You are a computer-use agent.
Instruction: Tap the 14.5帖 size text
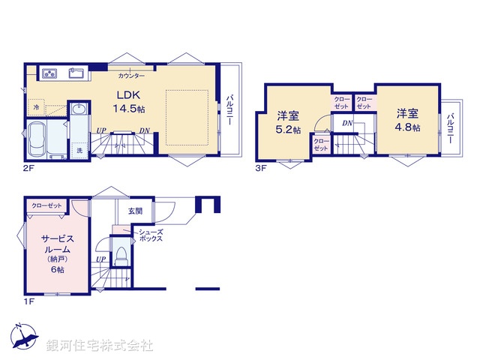pyautogui.click(x=129, y=109)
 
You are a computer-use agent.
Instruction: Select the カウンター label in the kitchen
pyautogui.click(x=131, y=76)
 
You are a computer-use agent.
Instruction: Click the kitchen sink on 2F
pyautogui.click(x=77, y=73)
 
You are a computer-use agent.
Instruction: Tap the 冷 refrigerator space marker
pyautogui.click(x=37, y=108)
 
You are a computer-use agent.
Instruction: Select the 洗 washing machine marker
pyautogui.click(x=79, y=151)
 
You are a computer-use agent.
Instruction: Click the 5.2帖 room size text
pyautogui.click(x=287, y=129)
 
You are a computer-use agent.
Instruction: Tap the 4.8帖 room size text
pyautogui.click(x=407, y=127)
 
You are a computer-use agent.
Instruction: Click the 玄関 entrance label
pyautogui.click(x=135, y=211)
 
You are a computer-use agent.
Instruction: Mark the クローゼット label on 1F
pyautogui.click(x=46, y=205)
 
